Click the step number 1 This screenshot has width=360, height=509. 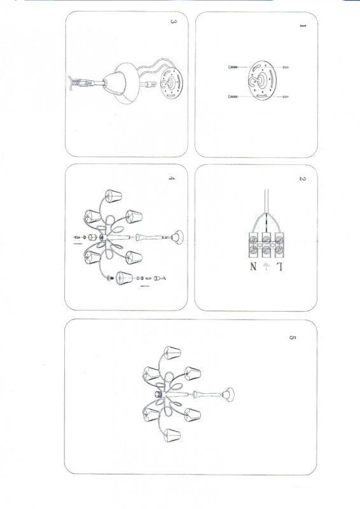(x=303, y=25)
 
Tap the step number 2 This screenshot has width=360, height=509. (x=303, y=179)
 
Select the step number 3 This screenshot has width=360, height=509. (x=174, y=22)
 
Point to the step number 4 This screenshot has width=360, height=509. (x=172, y=178)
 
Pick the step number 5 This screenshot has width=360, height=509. (x=293, y=338)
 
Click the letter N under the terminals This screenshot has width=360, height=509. (x=253, y=267)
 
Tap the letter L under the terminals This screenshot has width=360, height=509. (x=279, y=267)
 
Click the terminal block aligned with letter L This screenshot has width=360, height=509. (x=279, y=245)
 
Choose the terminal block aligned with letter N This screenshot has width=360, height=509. (x=253, y=245)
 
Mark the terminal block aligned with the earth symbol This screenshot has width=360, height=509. (x=267, y=245)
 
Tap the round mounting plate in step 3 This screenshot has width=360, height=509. (x=172, y=83)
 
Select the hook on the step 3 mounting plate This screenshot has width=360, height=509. (x=168, y=83)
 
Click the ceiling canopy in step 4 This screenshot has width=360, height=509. (x=177, y=237)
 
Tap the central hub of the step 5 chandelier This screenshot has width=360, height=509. (x=159, y=394)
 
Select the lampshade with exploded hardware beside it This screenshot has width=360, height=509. (x=124, y=278)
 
